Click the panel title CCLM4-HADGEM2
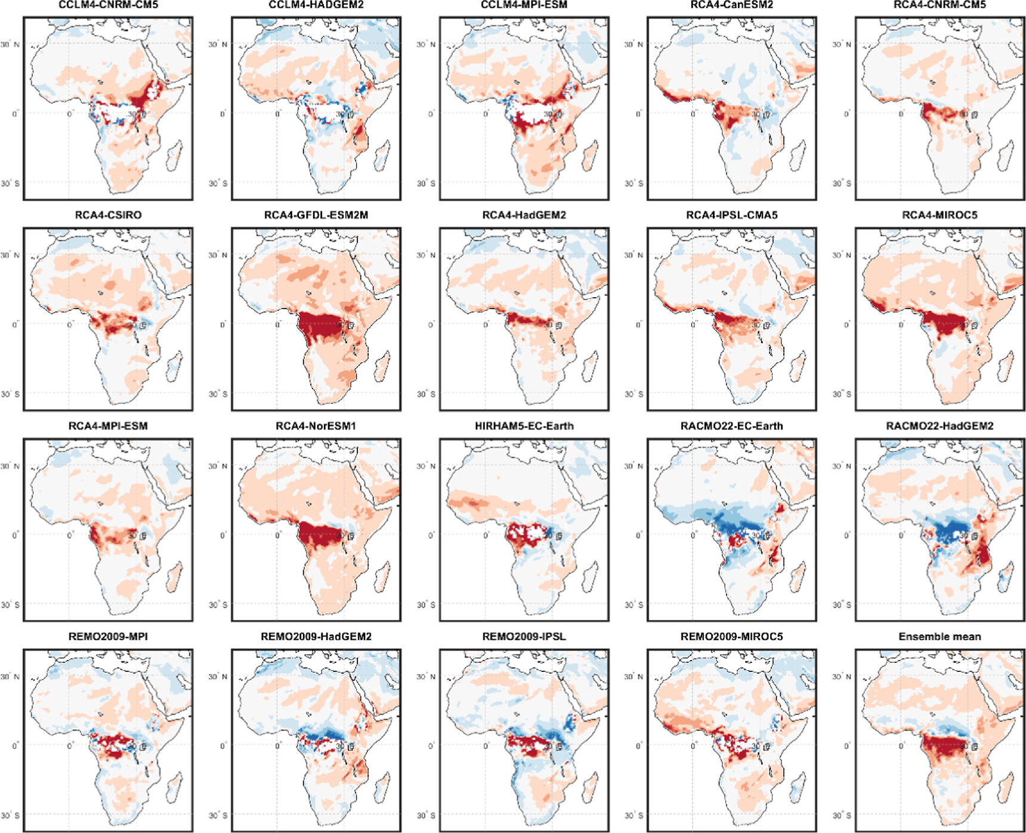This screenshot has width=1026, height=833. tap(316, 5)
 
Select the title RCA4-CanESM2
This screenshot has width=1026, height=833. tap(731, 5)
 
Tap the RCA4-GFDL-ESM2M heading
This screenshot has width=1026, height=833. tap(316, 215)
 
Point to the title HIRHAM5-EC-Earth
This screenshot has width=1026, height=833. tap(524, 426)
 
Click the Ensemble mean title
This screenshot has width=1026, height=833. tap(940, 637)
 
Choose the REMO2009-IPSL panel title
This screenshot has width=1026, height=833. tap(524, 637)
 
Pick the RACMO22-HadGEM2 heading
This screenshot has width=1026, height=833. tap(940, 426)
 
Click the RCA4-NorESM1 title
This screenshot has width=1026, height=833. tap(316, 426)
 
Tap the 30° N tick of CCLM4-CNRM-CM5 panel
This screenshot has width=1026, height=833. tap(10, 45)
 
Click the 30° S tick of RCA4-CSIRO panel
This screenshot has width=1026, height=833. tap(10, 394)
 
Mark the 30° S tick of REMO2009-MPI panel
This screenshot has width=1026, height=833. tap(10, 815)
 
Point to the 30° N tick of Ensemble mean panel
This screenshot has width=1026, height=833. tap(842, 677)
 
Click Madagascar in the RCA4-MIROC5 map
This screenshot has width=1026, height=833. tap(1006, 365)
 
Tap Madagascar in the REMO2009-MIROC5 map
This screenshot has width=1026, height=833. tap(798, 786)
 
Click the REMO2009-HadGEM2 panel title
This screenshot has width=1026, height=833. tap(316, 637)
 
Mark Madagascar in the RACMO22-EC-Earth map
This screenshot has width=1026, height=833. tap(798, 575)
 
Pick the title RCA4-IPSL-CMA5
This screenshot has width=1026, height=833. tap(731, 215)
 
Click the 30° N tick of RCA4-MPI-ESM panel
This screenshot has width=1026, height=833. tap(10, 466)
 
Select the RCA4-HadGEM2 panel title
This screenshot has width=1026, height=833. tap(524, 215)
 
